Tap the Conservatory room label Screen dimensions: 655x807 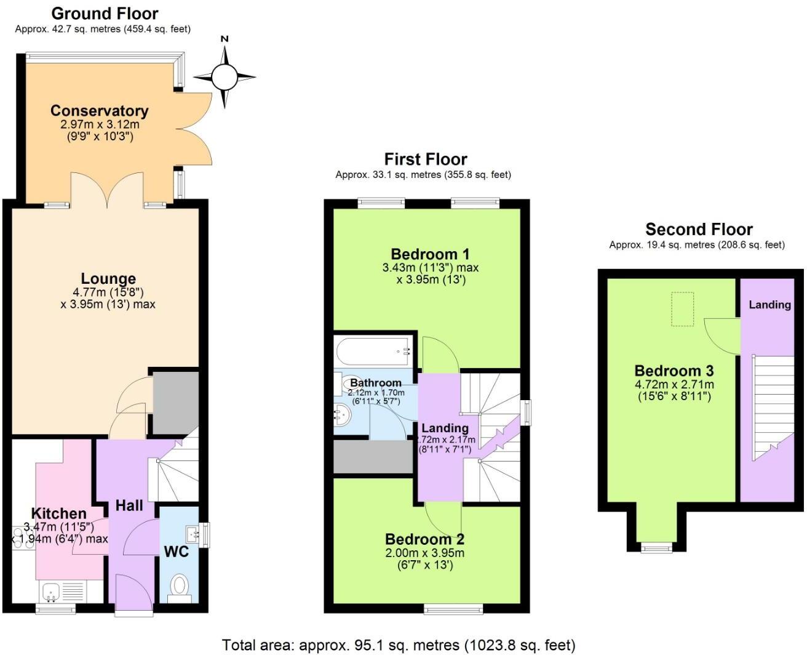pos(99,111)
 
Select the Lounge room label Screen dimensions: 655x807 pos(108,279)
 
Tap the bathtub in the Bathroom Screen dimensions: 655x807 pos(373,352)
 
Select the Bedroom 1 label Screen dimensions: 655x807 pos(430,254)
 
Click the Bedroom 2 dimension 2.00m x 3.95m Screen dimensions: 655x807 pos(425,553)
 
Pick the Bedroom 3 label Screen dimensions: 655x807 pos(674,371)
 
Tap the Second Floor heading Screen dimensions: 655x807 pos(699,230)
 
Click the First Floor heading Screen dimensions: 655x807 pos(426,159)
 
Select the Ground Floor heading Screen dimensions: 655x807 pos(105,13)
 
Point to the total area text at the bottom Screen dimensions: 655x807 pos(399,645)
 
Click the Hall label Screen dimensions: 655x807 pos(129,505)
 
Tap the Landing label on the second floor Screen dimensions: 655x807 pos(769,304)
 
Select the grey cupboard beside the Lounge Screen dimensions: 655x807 pos(175,402)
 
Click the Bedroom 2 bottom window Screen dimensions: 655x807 pos(453,609)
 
